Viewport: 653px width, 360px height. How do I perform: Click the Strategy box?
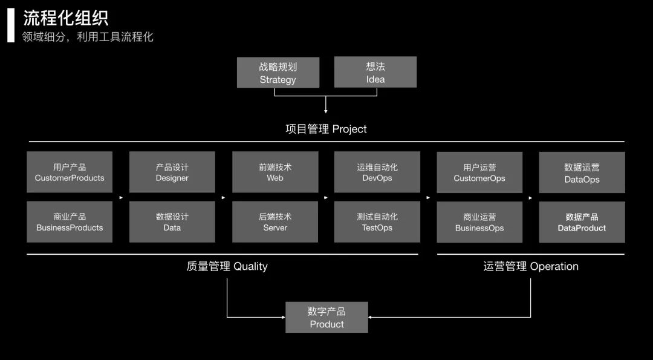pyautogui.click(x=278, y=73)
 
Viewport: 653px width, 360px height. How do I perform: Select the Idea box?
pyautogui.click(x=375, y=73)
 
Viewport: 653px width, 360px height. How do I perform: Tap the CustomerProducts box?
pyautogui.click(x=70, y=172)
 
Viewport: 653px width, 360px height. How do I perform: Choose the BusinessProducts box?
pyautogui.click(x=70, y=222)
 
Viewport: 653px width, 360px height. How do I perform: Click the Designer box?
pyautogui.click(x=172, y=172)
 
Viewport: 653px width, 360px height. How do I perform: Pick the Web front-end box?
pyautogui.click(x=275, y=172)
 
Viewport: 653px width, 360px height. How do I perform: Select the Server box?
pyautogui.click(x=275, y=222)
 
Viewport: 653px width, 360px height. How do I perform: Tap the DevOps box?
pyautogui.click(x=377, y=172)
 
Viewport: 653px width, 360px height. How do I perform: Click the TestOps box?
pyautogui.click(x=377, y=222)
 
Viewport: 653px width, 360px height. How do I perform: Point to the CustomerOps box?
pyautogui.click(x=479, y=172)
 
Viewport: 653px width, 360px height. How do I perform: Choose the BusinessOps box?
pyautogui.click(x=479, y=222)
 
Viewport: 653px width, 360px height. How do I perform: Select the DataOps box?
pyautogui.click(x=582, y=172)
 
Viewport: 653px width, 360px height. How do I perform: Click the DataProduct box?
pyautogui.click(x=582, y=222)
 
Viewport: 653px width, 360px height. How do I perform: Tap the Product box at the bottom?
pyautogui.click(x=326, y=318)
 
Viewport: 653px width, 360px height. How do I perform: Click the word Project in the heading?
pyautogui.click(x=349, y=129)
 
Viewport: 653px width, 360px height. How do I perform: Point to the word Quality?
pyautogui.click(x=250, y=266)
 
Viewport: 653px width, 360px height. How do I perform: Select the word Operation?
pyautogui.click(x=554, y=266)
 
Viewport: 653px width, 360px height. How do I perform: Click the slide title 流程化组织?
pyautogui.click(x=66, y=18)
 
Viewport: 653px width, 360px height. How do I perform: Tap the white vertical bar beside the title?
pyautogui.click(x=10, y=25)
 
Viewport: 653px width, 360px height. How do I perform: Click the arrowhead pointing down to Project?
pyautogui.click(x=326, y=111)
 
